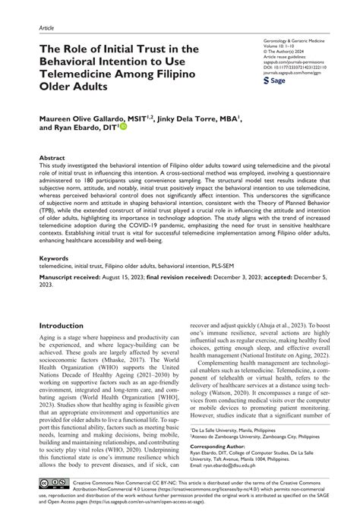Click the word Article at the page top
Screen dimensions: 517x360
tap(46, 25)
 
